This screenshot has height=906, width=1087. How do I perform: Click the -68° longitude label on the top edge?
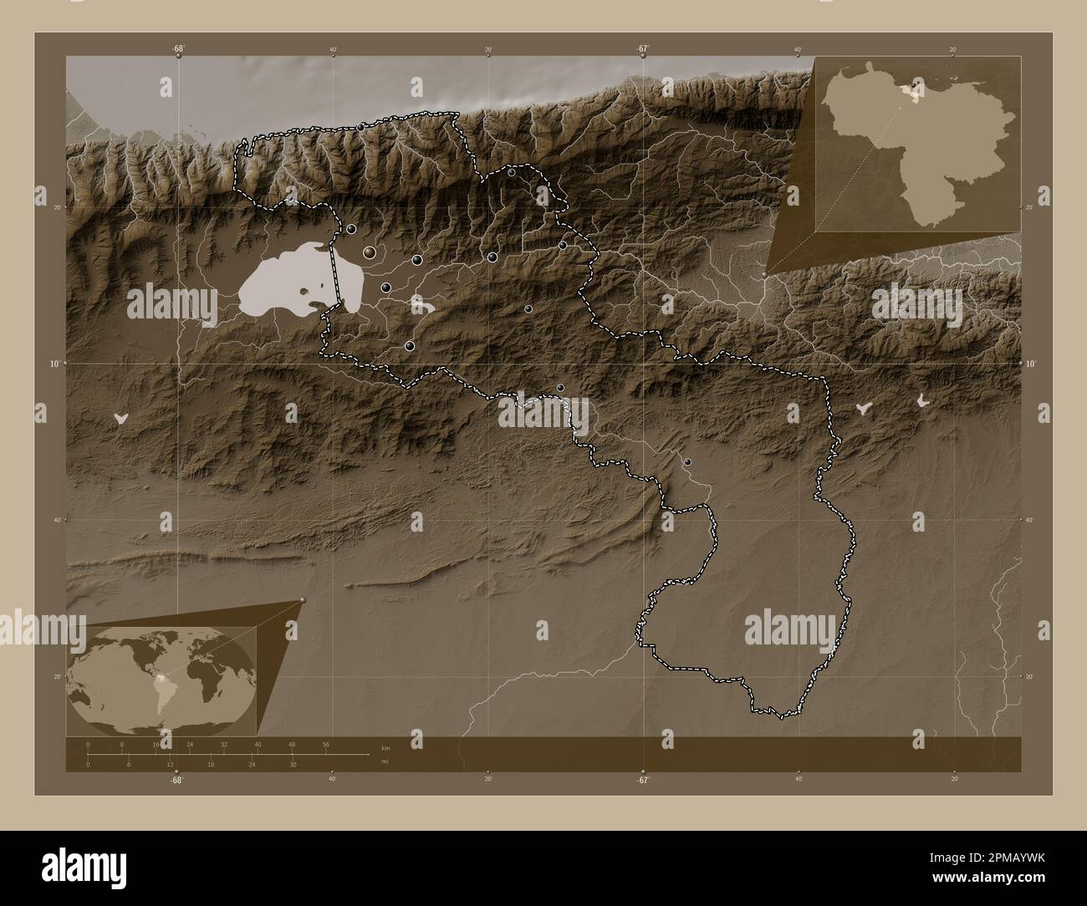pos(178,48)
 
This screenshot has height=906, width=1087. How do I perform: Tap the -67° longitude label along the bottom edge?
pos(642,780)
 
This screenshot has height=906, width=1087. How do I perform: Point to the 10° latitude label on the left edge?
pos(52,364)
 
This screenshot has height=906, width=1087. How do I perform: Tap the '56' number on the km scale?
pos(326,744)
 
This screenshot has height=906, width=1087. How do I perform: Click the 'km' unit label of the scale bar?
pos(385,747)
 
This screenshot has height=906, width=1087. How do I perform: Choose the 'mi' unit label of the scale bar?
pos(385,761)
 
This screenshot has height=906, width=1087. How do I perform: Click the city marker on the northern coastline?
pos(360,127)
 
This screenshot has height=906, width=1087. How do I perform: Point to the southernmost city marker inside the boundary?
pos(687,461)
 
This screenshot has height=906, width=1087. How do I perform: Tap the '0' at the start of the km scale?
pos(88,744)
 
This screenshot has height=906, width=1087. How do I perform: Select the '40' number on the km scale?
pos(258,744)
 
